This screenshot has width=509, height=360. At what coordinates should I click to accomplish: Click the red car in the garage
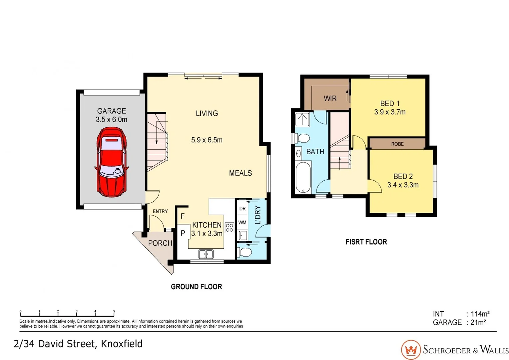click(x=112, y=162)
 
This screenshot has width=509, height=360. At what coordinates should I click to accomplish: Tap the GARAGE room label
click(x=112, y=111)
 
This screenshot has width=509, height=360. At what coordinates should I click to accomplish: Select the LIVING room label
click(x=207, y=113)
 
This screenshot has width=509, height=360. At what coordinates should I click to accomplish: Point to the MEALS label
click(x=240, y=173)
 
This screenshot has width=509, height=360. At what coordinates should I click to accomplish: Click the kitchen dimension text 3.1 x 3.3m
click(x=207, y=234)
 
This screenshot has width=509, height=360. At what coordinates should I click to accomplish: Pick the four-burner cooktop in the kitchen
click(x=230, y=228)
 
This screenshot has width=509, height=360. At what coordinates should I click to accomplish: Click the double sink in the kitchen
click(x=206, y=254)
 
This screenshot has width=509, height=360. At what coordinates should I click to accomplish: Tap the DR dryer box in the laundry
click(x=243, y=209)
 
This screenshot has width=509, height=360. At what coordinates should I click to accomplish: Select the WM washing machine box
click(x=243, y=222)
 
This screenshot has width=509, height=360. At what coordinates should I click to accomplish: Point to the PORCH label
click(x=160, y=243)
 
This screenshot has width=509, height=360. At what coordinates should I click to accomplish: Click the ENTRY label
click(x=160, y=211)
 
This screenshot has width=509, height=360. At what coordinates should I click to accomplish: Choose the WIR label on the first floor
click(x=330, y=98)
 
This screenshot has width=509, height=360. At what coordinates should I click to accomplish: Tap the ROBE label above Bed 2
click(x=397, y=144)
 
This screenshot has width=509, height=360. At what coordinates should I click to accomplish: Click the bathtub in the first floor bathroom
click(x=303, y=177)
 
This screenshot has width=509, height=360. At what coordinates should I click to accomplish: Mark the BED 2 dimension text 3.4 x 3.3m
click(x=403, y=185)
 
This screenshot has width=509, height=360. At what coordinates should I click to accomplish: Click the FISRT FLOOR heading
click(x=366, y=242)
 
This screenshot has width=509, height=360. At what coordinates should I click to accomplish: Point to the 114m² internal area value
click(x=480, y=314)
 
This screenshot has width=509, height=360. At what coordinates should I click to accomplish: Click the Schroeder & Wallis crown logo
click(x=411, y=350)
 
